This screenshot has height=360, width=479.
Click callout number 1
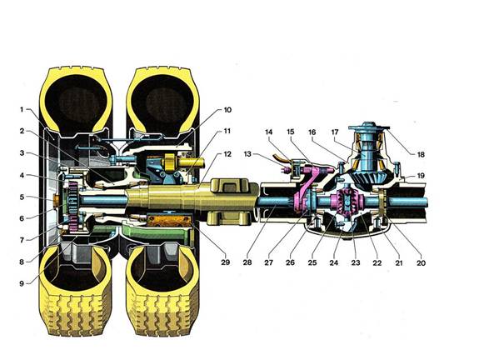click(x=22, y=109)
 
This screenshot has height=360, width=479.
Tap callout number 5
click(x=22, y=197)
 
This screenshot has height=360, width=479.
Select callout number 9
click(x=22, y=283)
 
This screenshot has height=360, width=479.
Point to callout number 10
click(x=227, y=110)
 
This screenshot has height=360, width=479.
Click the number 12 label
click(x=227, y=154)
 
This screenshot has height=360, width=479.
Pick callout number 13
click(x=247, y=154)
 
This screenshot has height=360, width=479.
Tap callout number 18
click(x=421, y=154)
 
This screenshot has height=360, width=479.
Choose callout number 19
click(x=421, y=176)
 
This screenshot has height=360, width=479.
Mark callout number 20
click(x=421, y=262)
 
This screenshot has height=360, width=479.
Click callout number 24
click(x=334, y=262)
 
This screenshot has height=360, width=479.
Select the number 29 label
click(x=225, y=262)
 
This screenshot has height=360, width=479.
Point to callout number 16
click(x=312, y=132)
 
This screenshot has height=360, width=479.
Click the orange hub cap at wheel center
click(x=56, y=201)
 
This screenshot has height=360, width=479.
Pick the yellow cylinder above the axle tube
click(x=183, y=162)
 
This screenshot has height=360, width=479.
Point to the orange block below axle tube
click(x=169, y=222)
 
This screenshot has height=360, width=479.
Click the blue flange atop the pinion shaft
click(x=369, y=126)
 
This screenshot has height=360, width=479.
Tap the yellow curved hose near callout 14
click(x=281, y=157)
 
